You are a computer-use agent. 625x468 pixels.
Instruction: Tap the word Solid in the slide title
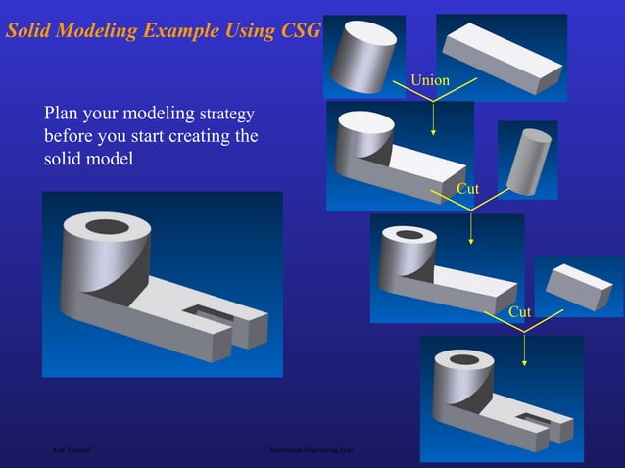[32, 30]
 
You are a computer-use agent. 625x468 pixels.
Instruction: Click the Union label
[430, 79]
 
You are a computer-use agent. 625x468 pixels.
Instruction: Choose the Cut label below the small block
[520, 311]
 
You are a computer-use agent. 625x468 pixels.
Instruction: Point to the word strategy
[229, 114]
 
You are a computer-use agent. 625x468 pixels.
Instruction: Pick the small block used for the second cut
[578, 285]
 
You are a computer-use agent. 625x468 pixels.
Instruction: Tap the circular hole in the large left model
[107, 227]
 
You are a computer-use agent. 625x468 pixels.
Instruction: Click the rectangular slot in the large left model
[214, 313]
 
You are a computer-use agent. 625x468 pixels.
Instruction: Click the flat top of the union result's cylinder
[363, 123]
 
